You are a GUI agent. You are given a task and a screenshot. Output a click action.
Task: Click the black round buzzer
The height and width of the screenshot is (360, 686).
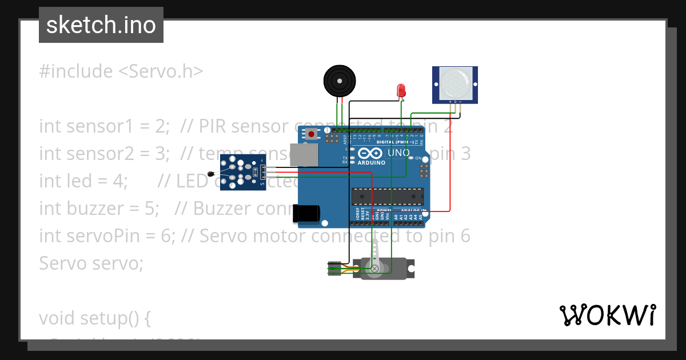pyautogui.click(x=341, y=81)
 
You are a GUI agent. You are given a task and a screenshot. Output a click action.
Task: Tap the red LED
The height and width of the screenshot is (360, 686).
pyautogui.click(x=401, y=90)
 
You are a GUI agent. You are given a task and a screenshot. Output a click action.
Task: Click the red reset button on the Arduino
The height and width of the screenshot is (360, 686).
pyautogui.click(x=311, y=135)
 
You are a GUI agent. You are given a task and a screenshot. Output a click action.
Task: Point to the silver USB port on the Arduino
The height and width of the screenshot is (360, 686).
pyautogui.click(x=304, y=155)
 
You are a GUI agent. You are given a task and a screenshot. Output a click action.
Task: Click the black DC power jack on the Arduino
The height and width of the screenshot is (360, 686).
pyautogui.click(x=307, y=214)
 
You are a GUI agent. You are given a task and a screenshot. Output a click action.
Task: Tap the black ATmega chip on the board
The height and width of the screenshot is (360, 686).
pyautogui.click(x=388, y=196)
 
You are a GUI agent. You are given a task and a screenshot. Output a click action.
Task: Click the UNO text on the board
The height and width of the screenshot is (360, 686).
pyautogui.click(x=398, y=153)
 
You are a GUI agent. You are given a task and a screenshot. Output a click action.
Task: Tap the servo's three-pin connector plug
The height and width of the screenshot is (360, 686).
pyautogui.click(x=334, y=269)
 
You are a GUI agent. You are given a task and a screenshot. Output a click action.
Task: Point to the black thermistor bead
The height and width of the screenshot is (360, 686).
pyautogui.click(x=213, y=174)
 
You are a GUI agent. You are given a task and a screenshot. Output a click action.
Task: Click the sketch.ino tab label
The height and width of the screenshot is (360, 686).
pyautogui.click(x=101, y=25)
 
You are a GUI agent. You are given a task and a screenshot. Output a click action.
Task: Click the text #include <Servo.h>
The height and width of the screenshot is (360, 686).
pyautogui.click(x=121, y=71)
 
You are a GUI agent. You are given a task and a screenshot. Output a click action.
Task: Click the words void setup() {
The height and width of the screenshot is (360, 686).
pyautogui.click(x=95, y=318)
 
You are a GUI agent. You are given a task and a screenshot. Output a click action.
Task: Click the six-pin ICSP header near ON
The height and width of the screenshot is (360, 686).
pyautogui.click(x=424, y=171)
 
